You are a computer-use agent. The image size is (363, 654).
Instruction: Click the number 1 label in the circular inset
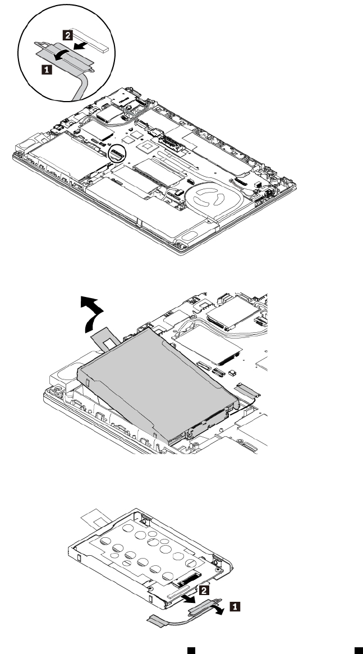pyautogui.click(x=48, y=70)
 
